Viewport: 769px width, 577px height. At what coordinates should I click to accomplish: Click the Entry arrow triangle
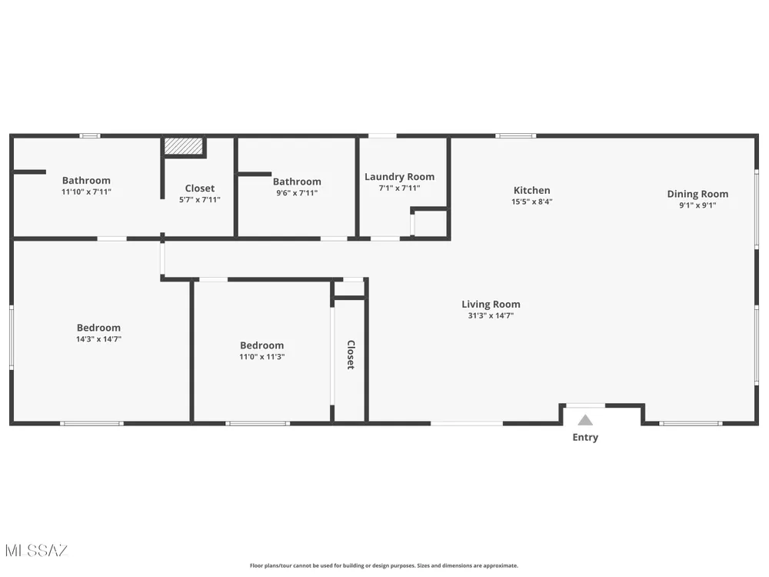coord(585,420)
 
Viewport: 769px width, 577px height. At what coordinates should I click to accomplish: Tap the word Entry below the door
coord(585,437)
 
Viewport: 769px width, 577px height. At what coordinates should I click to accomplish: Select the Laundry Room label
coord(399,177)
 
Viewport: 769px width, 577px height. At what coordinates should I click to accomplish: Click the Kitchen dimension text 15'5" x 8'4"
coord(531,202)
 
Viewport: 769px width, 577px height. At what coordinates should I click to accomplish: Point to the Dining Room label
coord(697,194)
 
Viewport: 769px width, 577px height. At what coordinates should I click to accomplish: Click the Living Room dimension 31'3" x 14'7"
coord(491,315)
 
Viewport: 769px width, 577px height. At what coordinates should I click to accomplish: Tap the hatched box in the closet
coord(184,146)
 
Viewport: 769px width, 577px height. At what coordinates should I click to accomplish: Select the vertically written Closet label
coord(351,355)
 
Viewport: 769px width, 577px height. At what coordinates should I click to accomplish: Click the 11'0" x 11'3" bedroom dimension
coord(262,357)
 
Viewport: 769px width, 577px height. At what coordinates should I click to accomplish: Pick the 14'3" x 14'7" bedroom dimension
coord(98,339)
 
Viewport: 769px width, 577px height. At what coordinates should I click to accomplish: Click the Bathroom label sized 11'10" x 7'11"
coord(86,181)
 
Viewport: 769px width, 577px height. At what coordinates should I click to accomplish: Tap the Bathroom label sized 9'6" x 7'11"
coord(297,182)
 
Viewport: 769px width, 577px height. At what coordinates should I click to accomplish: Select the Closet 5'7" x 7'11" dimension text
coord(200,200)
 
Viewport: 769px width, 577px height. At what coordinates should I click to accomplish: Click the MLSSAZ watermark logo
coord(37,551)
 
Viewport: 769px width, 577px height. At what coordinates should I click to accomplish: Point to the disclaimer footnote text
coord(384,565)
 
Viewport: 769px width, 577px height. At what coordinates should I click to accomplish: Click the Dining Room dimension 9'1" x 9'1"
coord(697,205)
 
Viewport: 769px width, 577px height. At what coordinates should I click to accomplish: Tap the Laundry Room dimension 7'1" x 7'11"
coord(399,188)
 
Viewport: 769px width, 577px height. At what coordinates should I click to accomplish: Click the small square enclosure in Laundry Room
coord(430,223)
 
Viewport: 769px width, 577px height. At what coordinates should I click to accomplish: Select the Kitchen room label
coord(531,190)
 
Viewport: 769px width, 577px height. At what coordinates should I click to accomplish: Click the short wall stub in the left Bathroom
coord(29,172)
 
